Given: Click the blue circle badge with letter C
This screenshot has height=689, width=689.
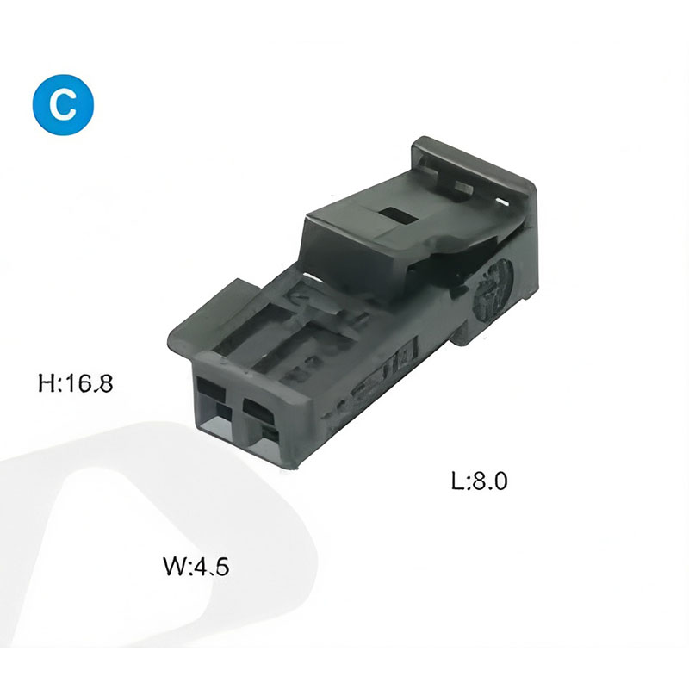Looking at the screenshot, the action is click(63, 104).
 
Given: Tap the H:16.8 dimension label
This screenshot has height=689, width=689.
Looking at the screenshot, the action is click(76, 383).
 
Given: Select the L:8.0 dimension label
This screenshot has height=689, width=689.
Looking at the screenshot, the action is click(480, 481).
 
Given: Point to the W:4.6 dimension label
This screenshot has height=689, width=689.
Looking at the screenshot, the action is click(196, 567).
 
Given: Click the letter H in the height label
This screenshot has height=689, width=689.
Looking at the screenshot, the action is click(47, 383).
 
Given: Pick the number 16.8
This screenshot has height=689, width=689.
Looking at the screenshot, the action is click(89, 383).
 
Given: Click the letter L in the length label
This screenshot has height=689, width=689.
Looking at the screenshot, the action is click(457, 481).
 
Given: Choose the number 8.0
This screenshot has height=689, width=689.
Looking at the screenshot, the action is click(490, 481).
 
